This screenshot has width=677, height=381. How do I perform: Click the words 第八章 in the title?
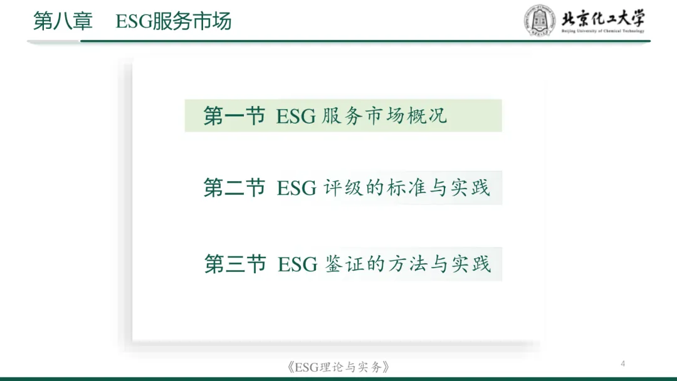tap(63, 22)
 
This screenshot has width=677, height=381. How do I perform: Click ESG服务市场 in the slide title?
tap(174, 22)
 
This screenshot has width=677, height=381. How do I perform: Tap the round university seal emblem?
tap(539, 21)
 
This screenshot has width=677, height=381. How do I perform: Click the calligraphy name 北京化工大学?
tap(602, 18)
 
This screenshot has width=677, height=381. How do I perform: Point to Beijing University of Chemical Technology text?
tap(602, 31)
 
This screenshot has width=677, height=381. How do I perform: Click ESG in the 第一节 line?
tap(296, 117)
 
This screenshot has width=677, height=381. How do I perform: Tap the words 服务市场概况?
tap(385, 116)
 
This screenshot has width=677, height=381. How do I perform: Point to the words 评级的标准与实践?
tap(406, 188)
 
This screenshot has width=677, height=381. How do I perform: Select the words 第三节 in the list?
tap(235, 264)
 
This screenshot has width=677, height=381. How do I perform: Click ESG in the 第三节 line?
tap(297, 264)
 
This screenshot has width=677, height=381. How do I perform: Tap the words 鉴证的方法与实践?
tap(407, 264)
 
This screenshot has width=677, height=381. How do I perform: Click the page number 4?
tap(622, 363)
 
